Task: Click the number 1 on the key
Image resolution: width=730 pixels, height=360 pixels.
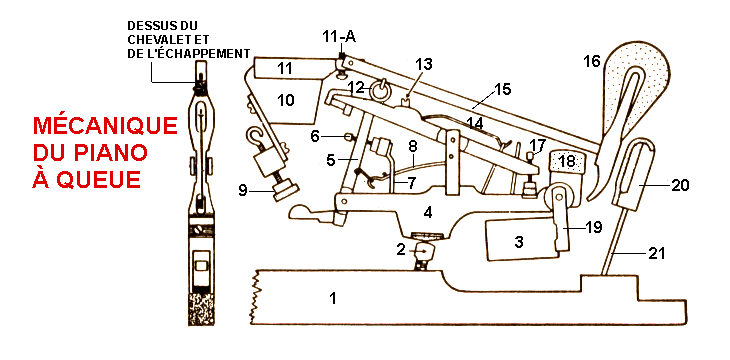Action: (333, 298)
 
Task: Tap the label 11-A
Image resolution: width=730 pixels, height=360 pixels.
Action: (339, 37)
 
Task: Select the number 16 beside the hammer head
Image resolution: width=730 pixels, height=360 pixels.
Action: (592, 61)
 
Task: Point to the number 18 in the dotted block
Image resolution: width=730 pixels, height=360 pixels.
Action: (567, 162)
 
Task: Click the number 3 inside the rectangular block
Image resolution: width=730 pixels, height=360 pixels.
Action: (519, 242)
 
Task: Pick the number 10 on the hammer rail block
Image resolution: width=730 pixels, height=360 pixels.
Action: (286, 100)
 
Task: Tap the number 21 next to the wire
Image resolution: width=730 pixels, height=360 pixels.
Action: (656, 253)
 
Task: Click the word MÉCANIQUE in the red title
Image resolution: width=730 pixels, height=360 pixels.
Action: (105, 126)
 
